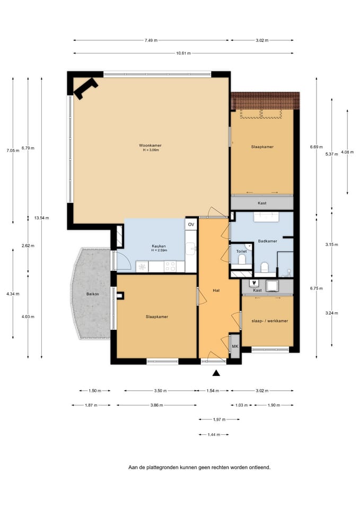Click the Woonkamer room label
tap(150, 146)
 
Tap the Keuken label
tap(159, 246)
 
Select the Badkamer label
tap(268, 241)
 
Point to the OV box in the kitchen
tap(191, 224)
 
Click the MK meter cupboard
tap(235, 346)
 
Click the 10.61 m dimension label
tap(183, 53)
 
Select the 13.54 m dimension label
tap(41, 218)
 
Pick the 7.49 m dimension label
tap(151, 40)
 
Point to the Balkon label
tap(92, 294)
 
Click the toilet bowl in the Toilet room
tap(242, 259)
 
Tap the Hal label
tap(216, 290)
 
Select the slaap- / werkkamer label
tap(270, 321)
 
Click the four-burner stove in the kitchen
tap(170, 267)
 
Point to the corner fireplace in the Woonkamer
tap(85, 89)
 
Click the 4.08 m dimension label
tap(347, 152)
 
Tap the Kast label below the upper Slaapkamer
tap(262, 203)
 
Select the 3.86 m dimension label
tap(157, 405)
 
